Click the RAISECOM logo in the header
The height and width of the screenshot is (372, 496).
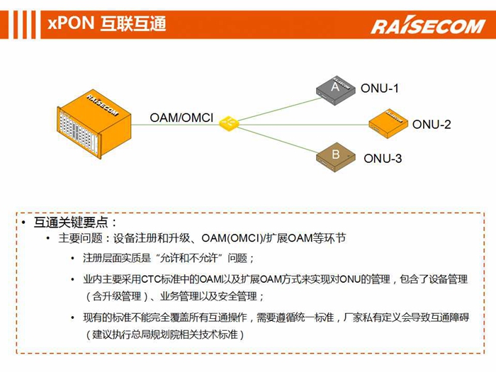tap(428, 26)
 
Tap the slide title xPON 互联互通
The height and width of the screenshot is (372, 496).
tap(107, 23)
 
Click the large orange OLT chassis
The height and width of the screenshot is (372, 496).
tap(94, 124)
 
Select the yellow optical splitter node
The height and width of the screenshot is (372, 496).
tap(228, 123)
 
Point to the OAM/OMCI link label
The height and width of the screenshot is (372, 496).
tap(181, 118)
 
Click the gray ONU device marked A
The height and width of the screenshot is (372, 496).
tap(335, 90)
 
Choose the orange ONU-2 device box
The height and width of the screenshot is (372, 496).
tap(389, 124)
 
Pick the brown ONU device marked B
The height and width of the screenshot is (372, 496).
tap(336, 157)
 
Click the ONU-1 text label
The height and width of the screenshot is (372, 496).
tap(380, 89)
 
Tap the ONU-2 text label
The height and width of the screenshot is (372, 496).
tap(432, 124)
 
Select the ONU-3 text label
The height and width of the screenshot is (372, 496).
tap(383, 158)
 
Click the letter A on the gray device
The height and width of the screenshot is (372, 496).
tap(335, 86)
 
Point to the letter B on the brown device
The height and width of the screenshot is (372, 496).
tap(336, 154)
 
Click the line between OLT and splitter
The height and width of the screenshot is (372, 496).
tap(175, 125)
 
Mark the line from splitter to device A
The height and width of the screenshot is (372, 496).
tap(280, 109)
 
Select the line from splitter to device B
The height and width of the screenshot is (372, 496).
tap(278, 139)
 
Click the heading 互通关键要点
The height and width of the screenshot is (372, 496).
tap(71, 222)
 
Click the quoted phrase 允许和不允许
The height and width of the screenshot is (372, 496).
tap(189, 258)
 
